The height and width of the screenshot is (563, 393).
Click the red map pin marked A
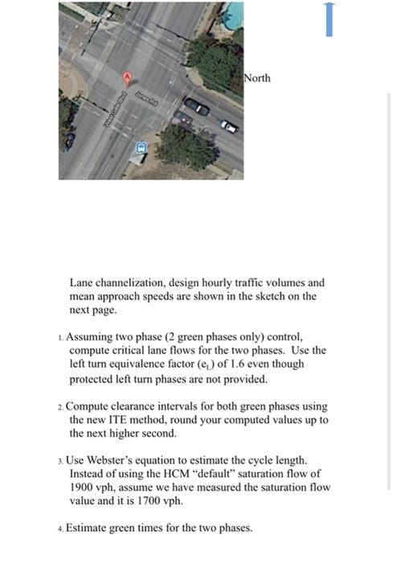pos(125,76)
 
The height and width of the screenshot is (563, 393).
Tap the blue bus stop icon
pos(141,148)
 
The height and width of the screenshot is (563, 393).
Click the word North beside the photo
pos(258,78)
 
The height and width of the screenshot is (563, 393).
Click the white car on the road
pos(229,126)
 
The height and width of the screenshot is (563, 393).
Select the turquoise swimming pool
pos(234,14)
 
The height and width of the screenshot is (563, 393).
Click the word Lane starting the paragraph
pos(83,283)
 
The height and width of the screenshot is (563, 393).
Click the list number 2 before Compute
pos(61,406)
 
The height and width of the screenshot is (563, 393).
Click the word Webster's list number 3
pos(61,460)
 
